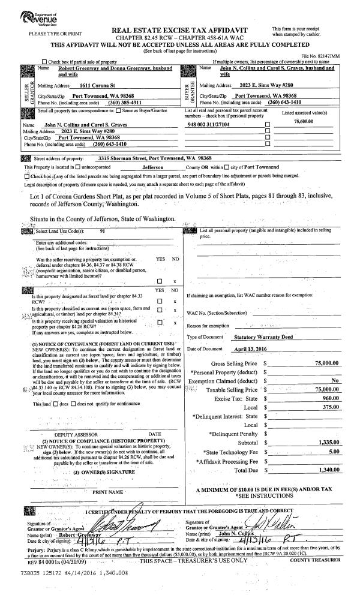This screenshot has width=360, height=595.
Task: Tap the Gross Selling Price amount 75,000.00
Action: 325,363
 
